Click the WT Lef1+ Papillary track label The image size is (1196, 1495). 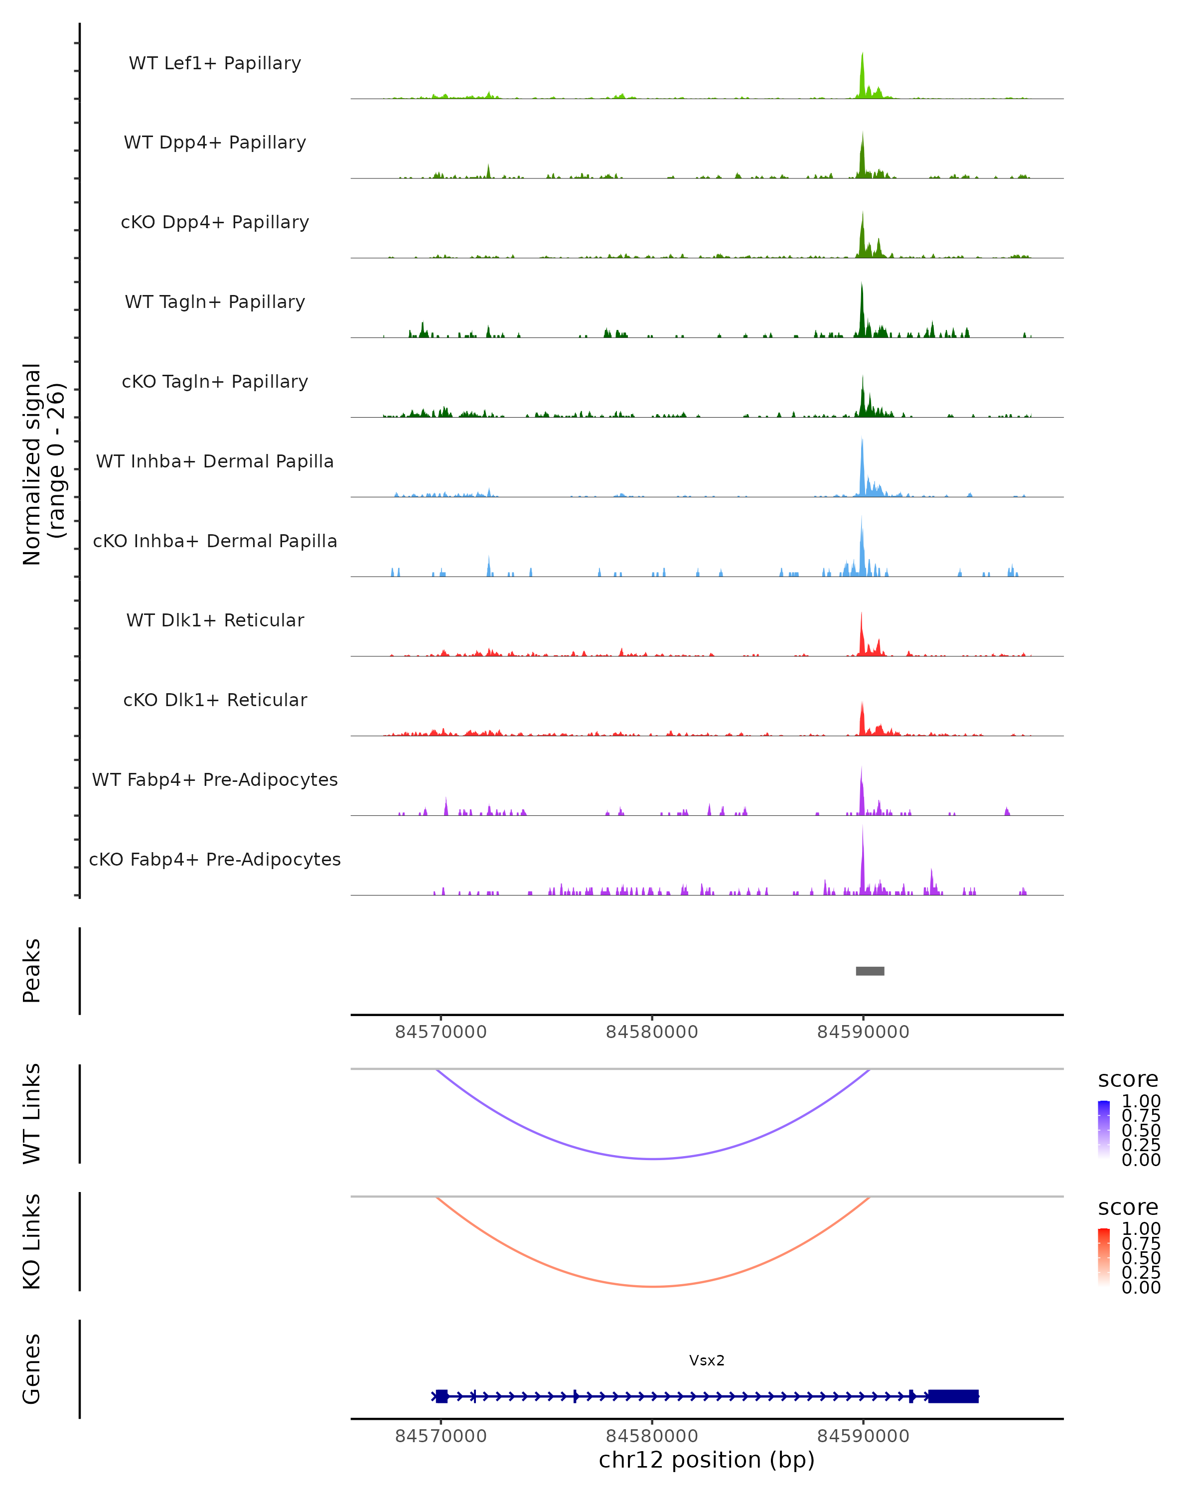coord(215,63)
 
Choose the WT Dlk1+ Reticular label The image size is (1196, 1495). coord(215,620)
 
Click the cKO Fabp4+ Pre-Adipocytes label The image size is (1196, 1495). coord(215,859)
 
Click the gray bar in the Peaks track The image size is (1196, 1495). coord(870,971)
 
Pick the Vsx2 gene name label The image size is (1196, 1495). coord(707,1360)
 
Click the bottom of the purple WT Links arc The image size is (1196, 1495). coord(653,1159)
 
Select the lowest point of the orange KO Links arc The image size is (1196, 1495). coord(653,1286)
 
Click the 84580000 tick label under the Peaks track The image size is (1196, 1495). coord(652,1032)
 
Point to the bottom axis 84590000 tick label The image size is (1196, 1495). coord(863,1436)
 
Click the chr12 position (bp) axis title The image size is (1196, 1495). coord(707,1460)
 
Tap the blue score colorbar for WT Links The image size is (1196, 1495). coord(1104,1129)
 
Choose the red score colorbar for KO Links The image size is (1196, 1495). coord(1104,1256)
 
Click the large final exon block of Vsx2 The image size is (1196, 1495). coord(953,1396)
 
